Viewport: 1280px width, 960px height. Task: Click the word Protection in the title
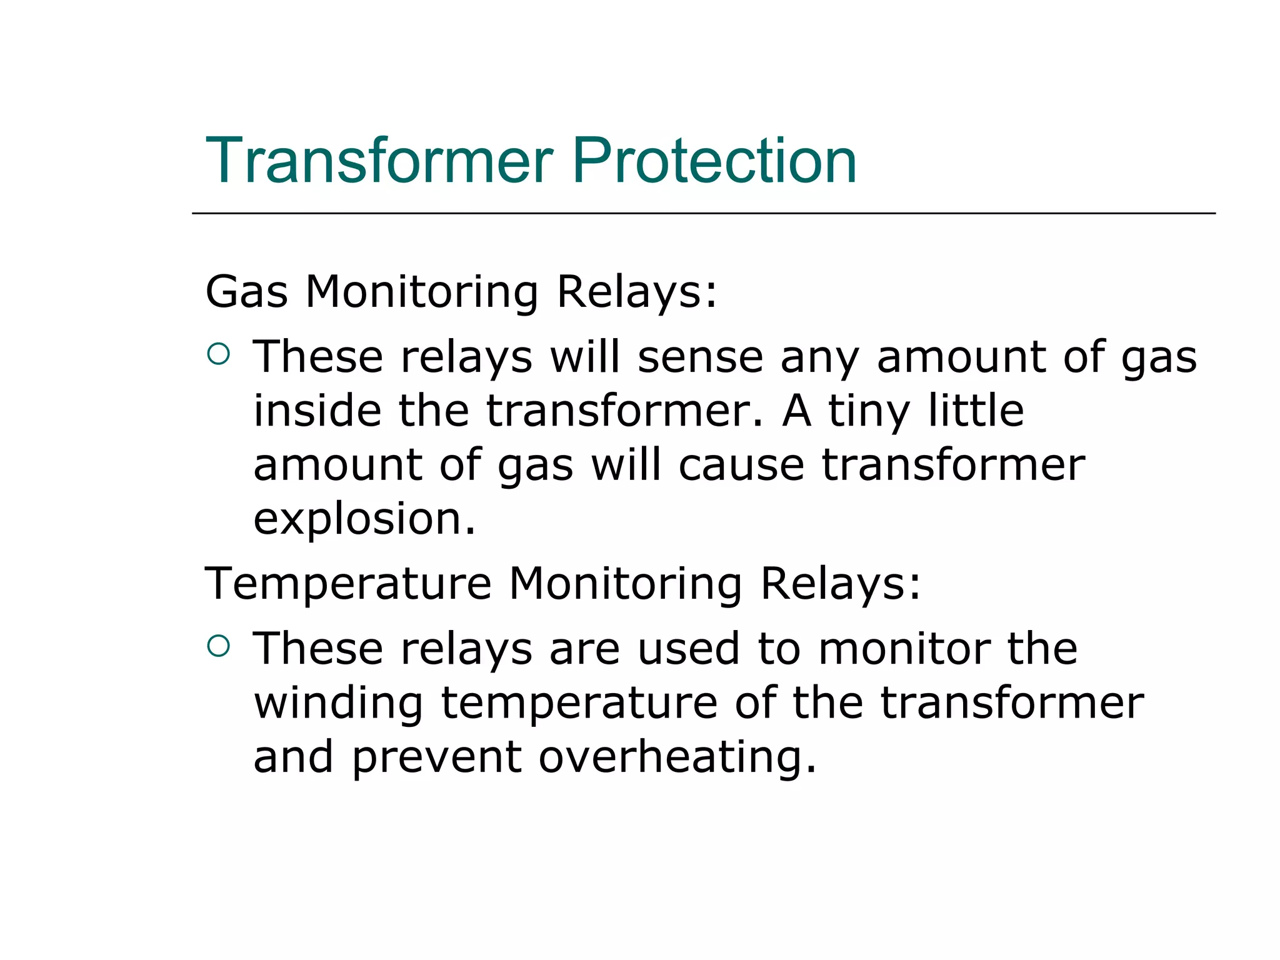tap(714, 161)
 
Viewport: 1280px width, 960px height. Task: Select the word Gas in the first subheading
tap(246, 292)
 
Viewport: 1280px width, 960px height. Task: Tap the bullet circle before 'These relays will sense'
tap(218, 354)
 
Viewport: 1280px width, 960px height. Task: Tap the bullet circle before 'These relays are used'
tap(218, 646)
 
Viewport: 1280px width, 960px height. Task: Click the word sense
tap(700, 357)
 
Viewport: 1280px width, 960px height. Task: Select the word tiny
tap(869, 412)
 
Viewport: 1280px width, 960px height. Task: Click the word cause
tap(741, 466)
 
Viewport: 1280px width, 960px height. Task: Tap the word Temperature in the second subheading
tap(348, 584)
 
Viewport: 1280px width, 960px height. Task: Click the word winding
tap(339, 703)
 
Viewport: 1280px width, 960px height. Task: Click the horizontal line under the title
tap(703, 213)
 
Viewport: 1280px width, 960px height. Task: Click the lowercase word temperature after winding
tap(579, 703)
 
